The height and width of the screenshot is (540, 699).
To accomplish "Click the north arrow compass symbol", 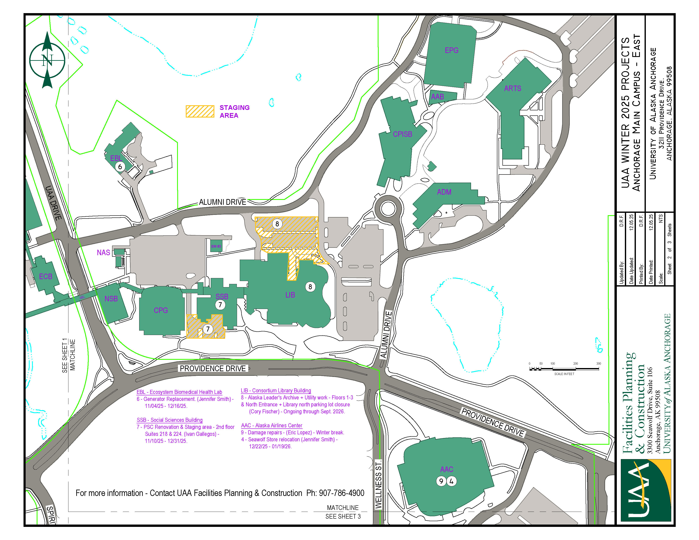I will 47,60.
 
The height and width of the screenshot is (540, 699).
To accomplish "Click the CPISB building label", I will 402,134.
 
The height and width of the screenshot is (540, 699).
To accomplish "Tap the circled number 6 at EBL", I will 120,167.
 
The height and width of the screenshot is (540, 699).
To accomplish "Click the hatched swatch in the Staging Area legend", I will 200,111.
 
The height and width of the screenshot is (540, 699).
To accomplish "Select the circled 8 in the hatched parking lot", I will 277,224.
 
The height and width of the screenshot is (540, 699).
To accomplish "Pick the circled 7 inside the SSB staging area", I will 208,329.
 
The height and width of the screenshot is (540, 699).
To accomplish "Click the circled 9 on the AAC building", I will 441,481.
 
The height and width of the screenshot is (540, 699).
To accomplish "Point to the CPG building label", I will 161,310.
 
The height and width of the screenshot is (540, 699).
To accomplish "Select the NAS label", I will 103,253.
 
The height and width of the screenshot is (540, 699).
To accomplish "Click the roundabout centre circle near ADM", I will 388,209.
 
